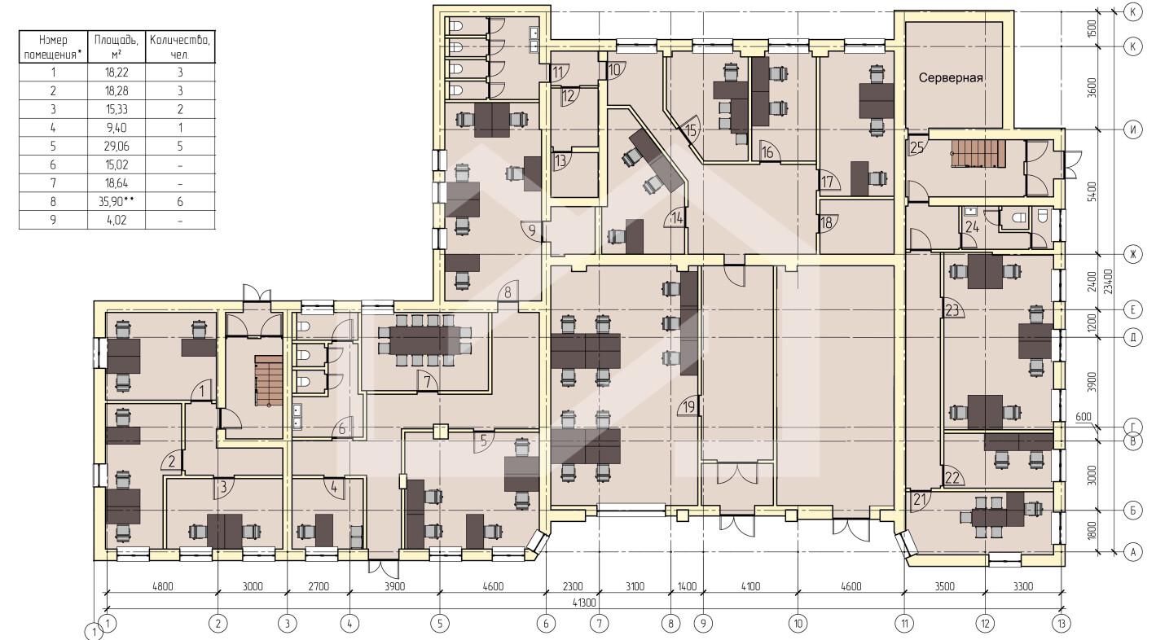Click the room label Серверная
pos(951,78)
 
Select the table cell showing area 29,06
pos(116,146)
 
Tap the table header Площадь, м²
pos(116,47)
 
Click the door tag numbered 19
pos(689,407)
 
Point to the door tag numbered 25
pos(916,148)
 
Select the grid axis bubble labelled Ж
pos(1133,253)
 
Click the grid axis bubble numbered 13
pos(1061,624)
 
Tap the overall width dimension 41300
pos(583,603)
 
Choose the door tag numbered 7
pos(427,382)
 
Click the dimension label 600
pos(1083,416)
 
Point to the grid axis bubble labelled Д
pos(1133,337)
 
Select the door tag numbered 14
pos(676,219)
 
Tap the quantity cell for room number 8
pos(179,202)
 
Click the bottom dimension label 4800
pos(163,586)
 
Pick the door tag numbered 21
pos(919,499)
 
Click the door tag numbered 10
pos(613,70)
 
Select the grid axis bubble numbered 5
pos(440,624)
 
